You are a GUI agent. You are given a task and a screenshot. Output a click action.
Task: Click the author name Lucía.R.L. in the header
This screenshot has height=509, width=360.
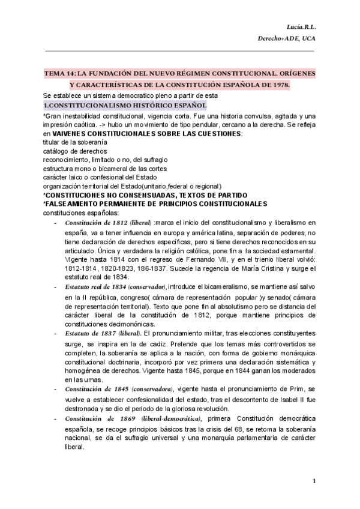pyautogui.click(x=305, y=27)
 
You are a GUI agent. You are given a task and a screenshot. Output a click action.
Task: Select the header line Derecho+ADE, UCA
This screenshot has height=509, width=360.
pyautogui.click(x=287, y=40)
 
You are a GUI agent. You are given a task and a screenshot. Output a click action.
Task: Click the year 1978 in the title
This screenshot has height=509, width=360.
pyautogui.click(x=278, y=85)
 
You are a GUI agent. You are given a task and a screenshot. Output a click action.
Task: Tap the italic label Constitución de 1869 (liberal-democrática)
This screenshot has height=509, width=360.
pyautogui.click(x=134, y=418)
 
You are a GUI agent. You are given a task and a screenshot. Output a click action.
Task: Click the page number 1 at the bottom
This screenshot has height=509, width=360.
pyautogui.click(x=314, y=481)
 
